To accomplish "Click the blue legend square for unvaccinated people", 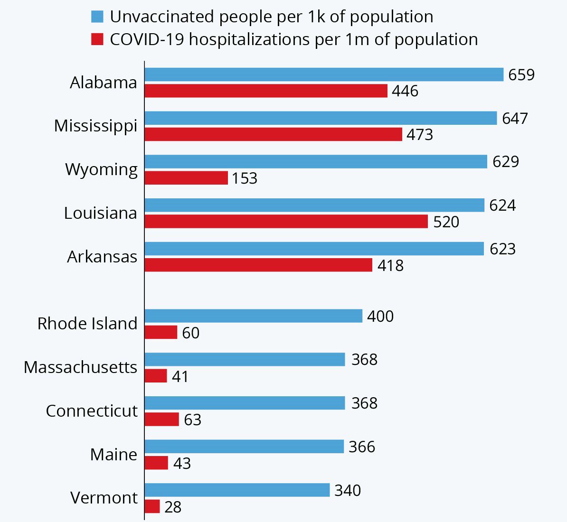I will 97,17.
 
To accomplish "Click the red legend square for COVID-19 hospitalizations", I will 97,39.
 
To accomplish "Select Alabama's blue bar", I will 324,75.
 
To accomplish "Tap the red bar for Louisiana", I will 286,222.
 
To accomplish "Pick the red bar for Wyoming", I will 186,178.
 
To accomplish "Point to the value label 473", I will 420,134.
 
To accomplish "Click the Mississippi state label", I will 95,126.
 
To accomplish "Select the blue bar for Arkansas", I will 314,249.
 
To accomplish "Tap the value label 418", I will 390,265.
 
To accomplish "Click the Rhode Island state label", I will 87,324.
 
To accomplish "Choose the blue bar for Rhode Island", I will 253,316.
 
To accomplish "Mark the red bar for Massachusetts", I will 156,376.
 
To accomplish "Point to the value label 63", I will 192,420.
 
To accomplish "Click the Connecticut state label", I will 92,411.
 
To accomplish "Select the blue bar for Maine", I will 244,447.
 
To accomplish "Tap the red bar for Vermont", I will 152,506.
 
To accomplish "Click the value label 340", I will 348,490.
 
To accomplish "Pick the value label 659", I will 521,75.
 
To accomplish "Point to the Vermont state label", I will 104,498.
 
